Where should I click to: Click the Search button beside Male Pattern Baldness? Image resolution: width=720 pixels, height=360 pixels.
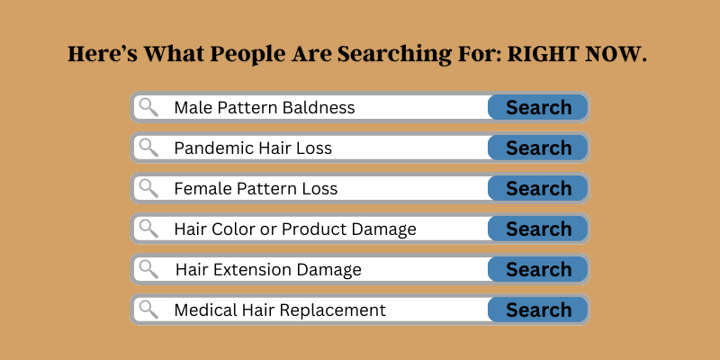tap(537, 107)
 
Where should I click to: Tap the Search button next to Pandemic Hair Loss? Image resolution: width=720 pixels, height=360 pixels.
tap(537, 148)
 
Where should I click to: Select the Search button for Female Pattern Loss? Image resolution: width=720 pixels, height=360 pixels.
tap(537, 188)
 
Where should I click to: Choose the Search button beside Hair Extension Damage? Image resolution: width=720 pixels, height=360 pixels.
tap(537, 269)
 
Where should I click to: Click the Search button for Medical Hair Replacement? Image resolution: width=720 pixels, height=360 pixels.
tap(537, 310)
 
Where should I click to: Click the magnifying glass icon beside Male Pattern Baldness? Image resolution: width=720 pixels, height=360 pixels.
tap(148, 107)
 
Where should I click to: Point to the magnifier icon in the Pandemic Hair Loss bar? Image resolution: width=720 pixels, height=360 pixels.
tap(148, 148)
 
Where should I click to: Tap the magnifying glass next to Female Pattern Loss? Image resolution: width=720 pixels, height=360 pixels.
tap(148, 188)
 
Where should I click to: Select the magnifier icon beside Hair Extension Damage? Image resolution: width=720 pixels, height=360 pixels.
tap(148, 268)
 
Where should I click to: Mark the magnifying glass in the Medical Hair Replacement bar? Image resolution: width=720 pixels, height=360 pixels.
tap(148, 309)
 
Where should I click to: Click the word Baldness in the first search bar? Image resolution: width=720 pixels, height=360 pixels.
tap(319, 107)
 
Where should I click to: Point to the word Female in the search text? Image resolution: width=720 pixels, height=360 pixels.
tap(203, 188)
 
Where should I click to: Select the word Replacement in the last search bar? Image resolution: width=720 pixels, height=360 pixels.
tap(332, 310)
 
